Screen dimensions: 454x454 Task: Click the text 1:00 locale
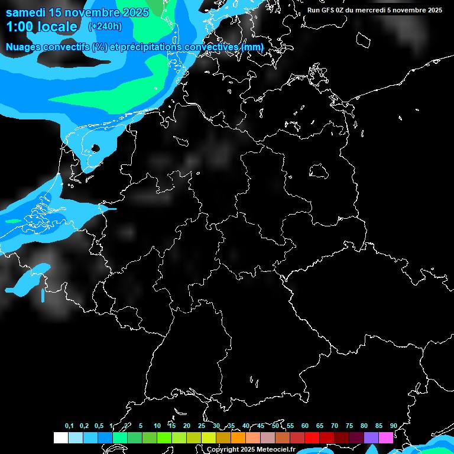(41, 27)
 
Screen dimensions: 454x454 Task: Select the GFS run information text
(375, 10)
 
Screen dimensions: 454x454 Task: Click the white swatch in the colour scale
(60, 438)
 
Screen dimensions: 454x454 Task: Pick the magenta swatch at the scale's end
(386, 438)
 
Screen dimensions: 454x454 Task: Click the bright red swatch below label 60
(312, 438)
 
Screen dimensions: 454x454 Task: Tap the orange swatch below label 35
(238, 438)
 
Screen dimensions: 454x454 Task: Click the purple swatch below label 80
(371, 438)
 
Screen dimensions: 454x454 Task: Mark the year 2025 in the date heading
(135, 12)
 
